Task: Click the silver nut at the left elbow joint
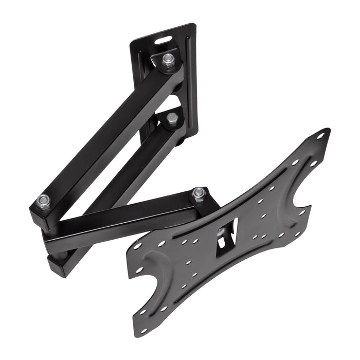pos(44,199)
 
